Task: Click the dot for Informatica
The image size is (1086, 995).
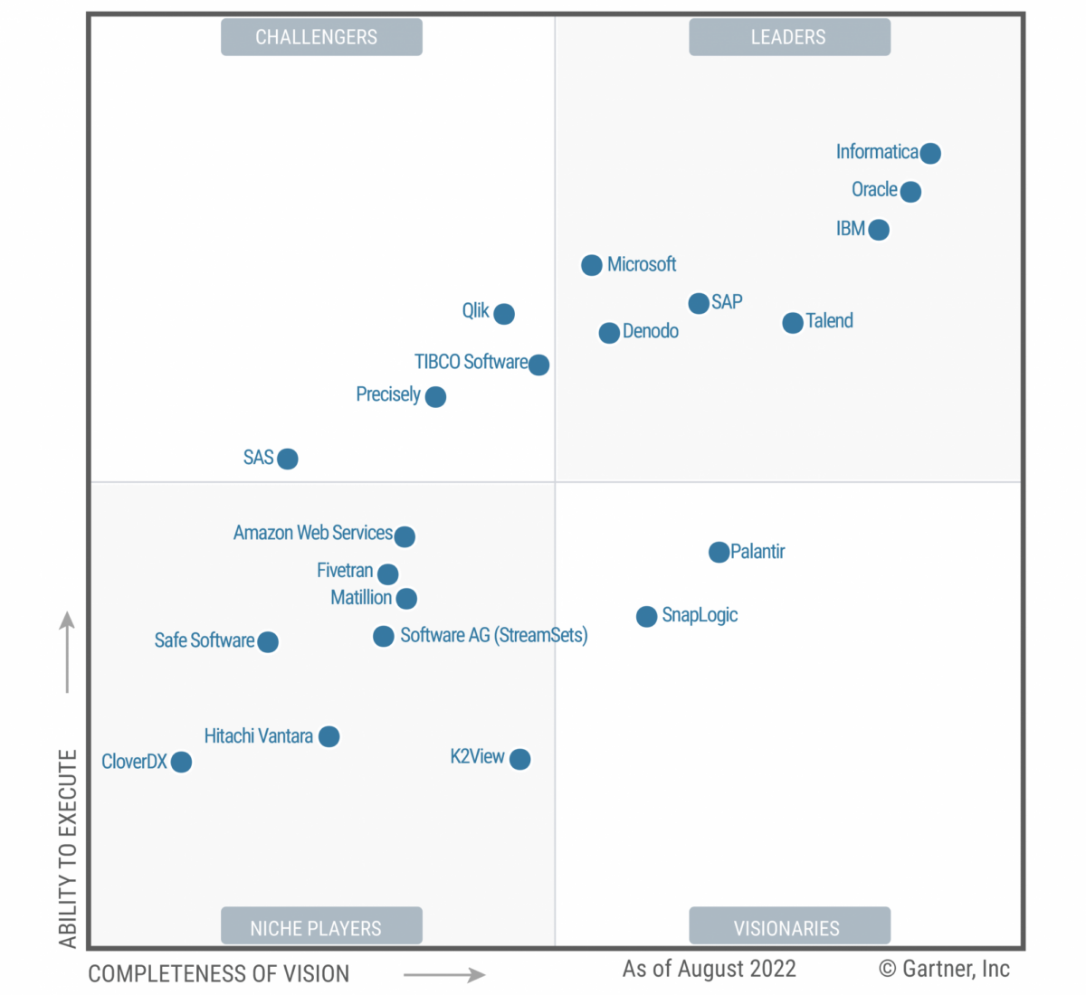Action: click(x=930, y=153)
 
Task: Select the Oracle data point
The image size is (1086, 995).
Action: click(x=910, y=192)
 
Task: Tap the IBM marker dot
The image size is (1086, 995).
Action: click(x=879, y=230)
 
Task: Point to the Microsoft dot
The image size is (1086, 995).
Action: click(x=592, y=265)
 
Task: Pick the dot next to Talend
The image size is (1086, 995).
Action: click(x=793, y=323)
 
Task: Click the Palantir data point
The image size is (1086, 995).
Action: click(x=719, y=552)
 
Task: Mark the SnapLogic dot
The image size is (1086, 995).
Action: click(x=646, y=617)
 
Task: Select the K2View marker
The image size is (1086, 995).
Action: click(x=520, y=759)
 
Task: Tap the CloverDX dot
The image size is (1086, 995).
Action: click(x=181, y=763)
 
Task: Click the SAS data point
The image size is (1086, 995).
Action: click(x=288, y=459)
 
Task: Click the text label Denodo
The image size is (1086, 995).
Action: click(x=651, y=331)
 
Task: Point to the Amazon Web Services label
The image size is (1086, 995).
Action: click(x=312, y=533)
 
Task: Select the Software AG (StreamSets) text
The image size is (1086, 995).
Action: click(x=494, y=635)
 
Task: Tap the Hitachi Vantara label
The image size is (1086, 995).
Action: click(x=259, y=736)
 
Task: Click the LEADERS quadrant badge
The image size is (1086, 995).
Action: click(x=789, y=37)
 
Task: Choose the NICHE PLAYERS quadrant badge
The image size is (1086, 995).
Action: click(x=321, y=926)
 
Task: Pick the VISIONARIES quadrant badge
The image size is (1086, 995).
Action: click(x=789, y=926)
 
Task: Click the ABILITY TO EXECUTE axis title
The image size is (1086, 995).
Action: click(x=68, y=848)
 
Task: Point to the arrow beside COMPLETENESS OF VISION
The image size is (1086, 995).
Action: click(x=444, y=974)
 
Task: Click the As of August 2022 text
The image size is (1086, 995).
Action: click(x=710, y=969)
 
